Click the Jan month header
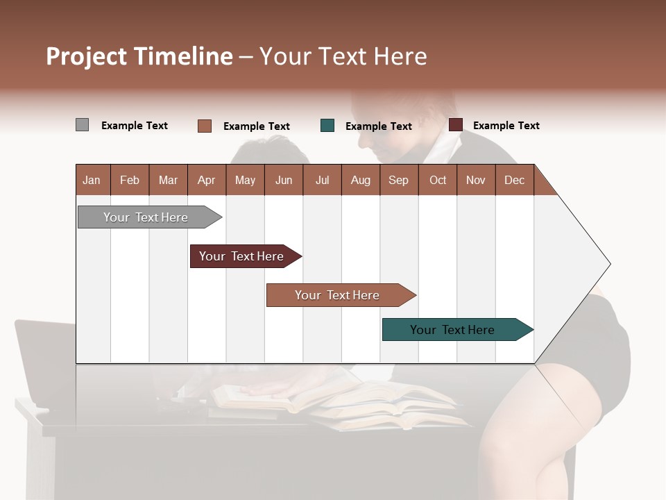click(92, 180)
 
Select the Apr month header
click(207, 180)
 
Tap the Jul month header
click(322, 180)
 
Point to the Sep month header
click(398, 180)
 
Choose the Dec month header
click(514, 180)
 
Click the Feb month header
click(130, 180)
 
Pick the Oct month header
click(438, 180)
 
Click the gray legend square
click(82, 125)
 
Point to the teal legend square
click(327, 126)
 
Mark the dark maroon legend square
click(456, 125)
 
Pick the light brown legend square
click(205, 126)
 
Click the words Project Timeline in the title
click(139, 56)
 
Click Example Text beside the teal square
click(378, 126)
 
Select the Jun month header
click(284, 180)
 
